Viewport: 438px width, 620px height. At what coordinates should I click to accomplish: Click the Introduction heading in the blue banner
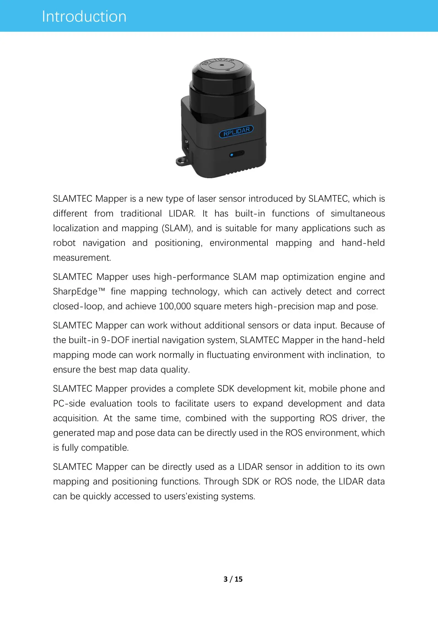[84, 16]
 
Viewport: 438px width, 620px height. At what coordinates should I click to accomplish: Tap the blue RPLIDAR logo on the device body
[236, 132]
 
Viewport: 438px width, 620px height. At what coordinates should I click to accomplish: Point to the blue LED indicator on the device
[232, 155]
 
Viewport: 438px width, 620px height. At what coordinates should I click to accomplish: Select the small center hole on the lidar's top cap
[222, 66]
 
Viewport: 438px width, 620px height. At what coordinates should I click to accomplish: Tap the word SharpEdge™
[79, 292]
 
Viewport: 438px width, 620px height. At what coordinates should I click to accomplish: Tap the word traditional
[141, 213]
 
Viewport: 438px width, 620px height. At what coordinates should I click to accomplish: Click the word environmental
[239, 243]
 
